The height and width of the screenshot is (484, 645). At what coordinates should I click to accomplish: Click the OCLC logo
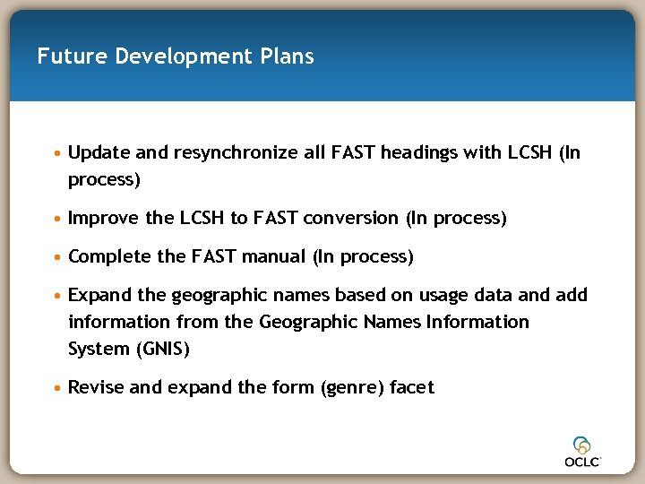[x=582, y=451]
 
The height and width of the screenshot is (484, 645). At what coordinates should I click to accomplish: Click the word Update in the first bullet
[x=99, y=152]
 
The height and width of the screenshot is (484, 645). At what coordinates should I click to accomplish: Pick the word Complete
[x=109, y=257]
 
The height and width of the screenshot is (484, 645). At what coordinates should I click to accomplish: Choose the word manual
[x=278, y=257]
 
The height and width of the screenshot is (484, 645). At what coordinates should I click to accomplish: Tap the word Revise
[x=94, y=387]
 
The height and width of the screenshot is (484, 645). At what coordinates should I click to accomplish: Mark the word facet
[x=411, y=387]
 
